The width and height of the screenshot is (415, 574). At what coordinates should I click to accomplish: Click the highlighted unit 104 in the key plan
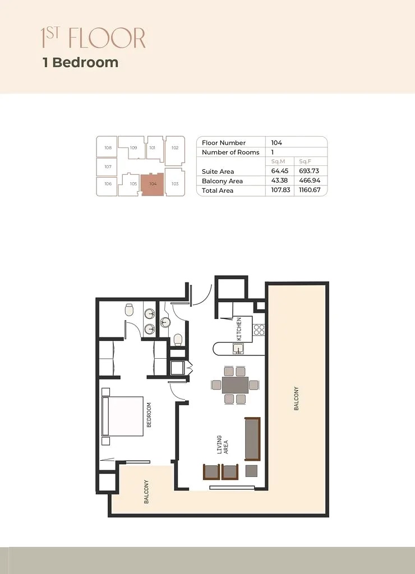[153, 184]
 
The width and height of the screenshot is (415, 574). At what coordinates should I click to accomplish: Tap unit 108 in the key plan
[108, 148]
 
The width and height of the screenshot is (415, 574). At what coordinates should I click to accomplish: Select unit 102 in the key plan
[175, 148]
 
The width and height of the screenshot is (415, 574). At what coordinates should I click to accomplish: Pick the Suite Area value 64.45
[279, 172]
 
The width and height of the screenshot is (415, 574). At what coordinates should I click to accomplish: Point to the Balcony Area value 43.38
[279, 181]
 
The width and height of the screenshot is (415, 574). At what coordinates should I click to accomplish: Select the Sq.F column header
[306, 161]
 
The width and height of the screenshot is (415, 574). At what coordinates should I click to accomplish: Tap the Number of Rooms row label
[230, 152]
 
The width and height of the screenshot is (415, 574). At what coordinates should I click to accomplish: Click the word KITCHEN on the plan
[239, 329]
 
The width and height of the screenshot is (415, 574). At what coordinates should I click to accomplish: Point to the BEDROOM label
[149, 415]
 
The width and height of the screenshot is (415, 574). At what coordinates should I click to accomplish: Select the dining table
[235, 385]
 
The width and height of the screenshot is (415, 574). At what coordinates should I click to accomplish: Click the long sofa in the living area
[253, 439]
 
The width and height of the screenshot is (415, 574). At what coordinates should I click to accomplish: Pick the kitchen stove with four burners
[259, 329]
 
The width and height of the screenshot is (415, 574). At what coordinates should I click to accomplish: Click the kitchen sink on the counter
[238, 349]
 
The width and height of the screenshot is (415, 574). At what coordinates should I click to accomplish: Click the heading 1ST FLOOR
[93, 38]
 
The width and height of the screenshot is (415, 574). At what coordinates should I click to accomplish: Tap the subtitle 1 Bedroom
[81, 62]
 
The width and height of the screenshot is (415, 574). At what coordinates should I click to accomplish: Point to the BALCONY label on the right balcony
[296, 399]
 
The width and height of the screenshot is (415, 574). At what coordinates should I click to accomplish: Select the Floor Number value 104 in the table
[276, 143]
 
